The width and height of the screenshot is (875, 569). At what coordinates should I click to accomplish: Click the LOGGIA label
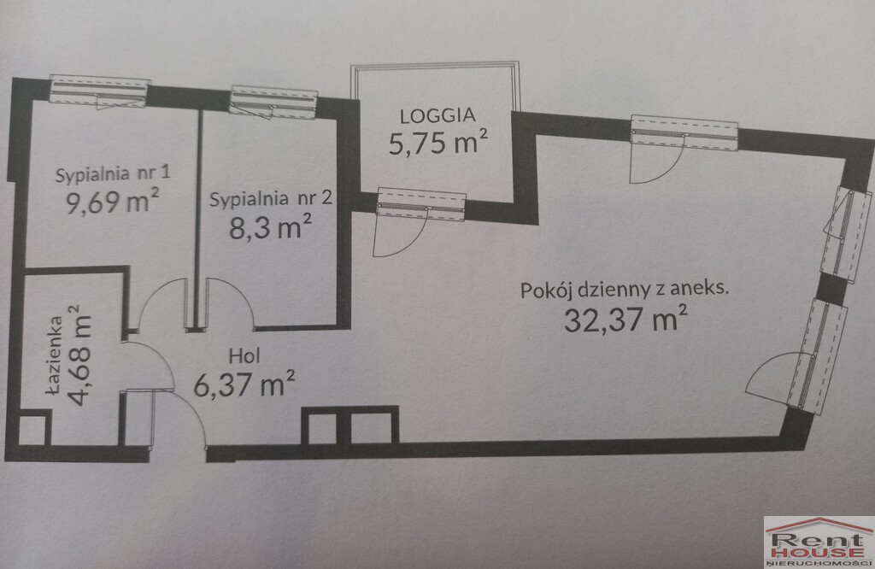pos(438,115)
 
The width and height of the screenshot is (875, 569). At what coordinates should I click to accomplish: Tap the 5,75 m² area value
pos(438,142)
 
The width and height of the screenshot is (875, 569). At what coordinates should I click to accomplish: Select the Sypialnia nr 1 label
pos(113,174)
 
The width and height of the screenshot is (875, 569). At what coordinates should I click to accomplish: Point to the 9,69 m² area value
pos(113,201)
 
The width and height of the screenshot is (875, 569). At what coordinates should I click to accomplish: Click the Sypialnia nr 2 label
pos(271,198)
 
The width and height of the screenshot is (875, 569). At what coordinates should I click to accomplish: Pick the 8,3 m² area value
pos(271,226)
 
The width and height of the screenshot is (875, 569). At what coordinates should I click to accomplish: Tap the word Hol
pos(244,356)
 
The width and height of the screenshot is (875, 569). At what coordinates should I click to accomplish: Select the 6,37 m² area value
pos(244,384)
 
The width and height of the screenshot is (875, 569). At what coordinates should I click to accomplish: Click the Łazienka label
pos(55,355)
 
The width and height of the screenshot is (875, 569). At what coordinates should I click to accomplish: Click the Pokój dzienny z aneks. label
pos(625,290)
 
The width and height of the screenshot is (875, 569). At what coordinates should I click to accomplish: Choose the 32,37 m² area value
pos(625,319)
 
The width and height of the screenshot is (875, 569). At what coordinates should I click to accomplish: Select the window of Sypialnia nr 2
pos(273,102)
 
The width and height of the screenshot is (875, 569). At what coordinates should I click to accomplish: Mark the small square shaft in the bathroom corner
pos(32,431)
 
